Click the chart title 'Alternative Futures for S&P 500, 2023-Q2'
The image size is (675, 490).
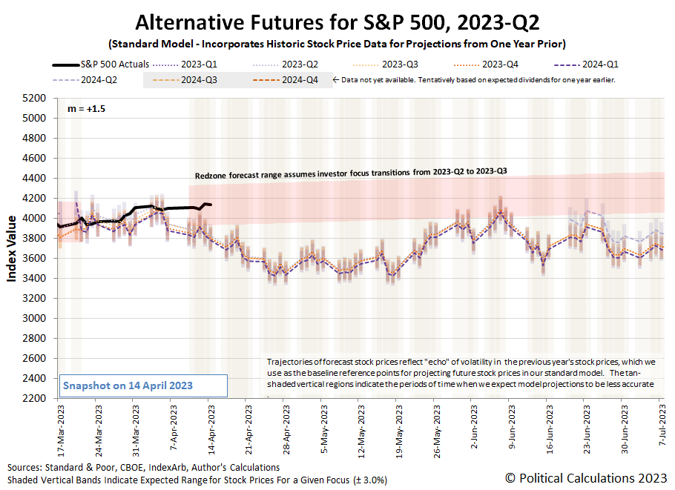coord(336,20)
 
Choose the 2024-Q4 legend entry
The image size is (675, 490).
coord(297,79)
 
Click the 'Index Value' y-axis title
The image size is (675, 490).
coord(13,248)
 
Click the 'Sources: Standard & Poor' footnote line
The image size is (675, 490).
coord(144,467)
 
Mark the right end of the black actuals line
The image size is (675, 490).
coord(211,205)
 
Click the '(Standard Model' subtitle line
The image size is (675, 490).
coord(336,42)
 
